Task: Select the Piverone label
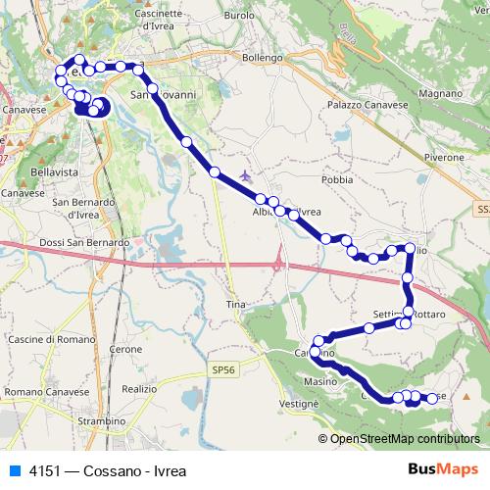click(x=443, y=157)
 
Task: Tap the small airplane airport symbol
click(x=244, y=177)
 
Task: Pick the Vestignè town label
click(x=298, y=404)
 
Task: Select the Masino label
click(x=319, y=380)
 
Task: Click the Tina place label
click(x=235, y=305)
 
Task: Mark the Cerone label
click(x=126, y=349)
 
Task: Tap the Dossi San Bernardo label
click(x=83, y=242)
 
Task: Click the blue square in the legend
click(x=15, y=469)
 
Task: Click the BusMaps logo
click(x=442, y=469)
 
